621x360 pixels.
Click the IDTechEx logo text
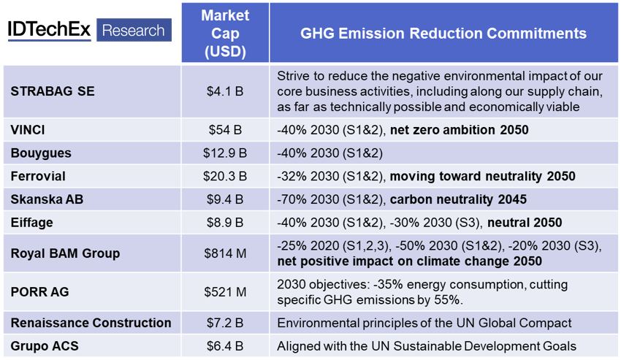click(50, 31)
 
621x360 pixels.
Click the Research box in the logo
click(133, 31)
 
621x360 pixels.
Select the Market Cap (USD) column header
click(225, 34)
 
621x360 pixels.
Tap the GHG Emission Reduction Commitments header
click(443, 34)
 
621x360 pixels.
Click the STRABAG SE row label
click(53, 91)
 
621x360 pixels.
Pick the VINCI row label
click(28, 131)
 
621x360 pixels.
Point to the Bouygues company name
click(39, 153)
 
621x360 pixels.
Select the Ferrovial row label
click(38, 176)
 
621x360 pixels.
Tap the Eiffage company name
click(32, 222)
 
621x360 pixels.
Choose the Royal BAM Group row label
click(65, 253)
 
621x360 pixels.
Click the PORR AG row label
click(39, 291)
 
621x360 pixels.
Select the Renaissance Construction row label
click(91, 322)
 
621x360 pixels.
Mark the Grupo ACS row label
click(44, 345)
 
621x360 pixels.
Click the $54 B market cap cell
click(225, 131)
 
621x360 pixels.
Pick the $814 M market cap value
click(225, 253)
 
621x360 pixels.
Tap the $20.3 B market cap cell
click(225, 176)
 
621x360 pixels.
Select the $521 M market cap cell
click(225, 291)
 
